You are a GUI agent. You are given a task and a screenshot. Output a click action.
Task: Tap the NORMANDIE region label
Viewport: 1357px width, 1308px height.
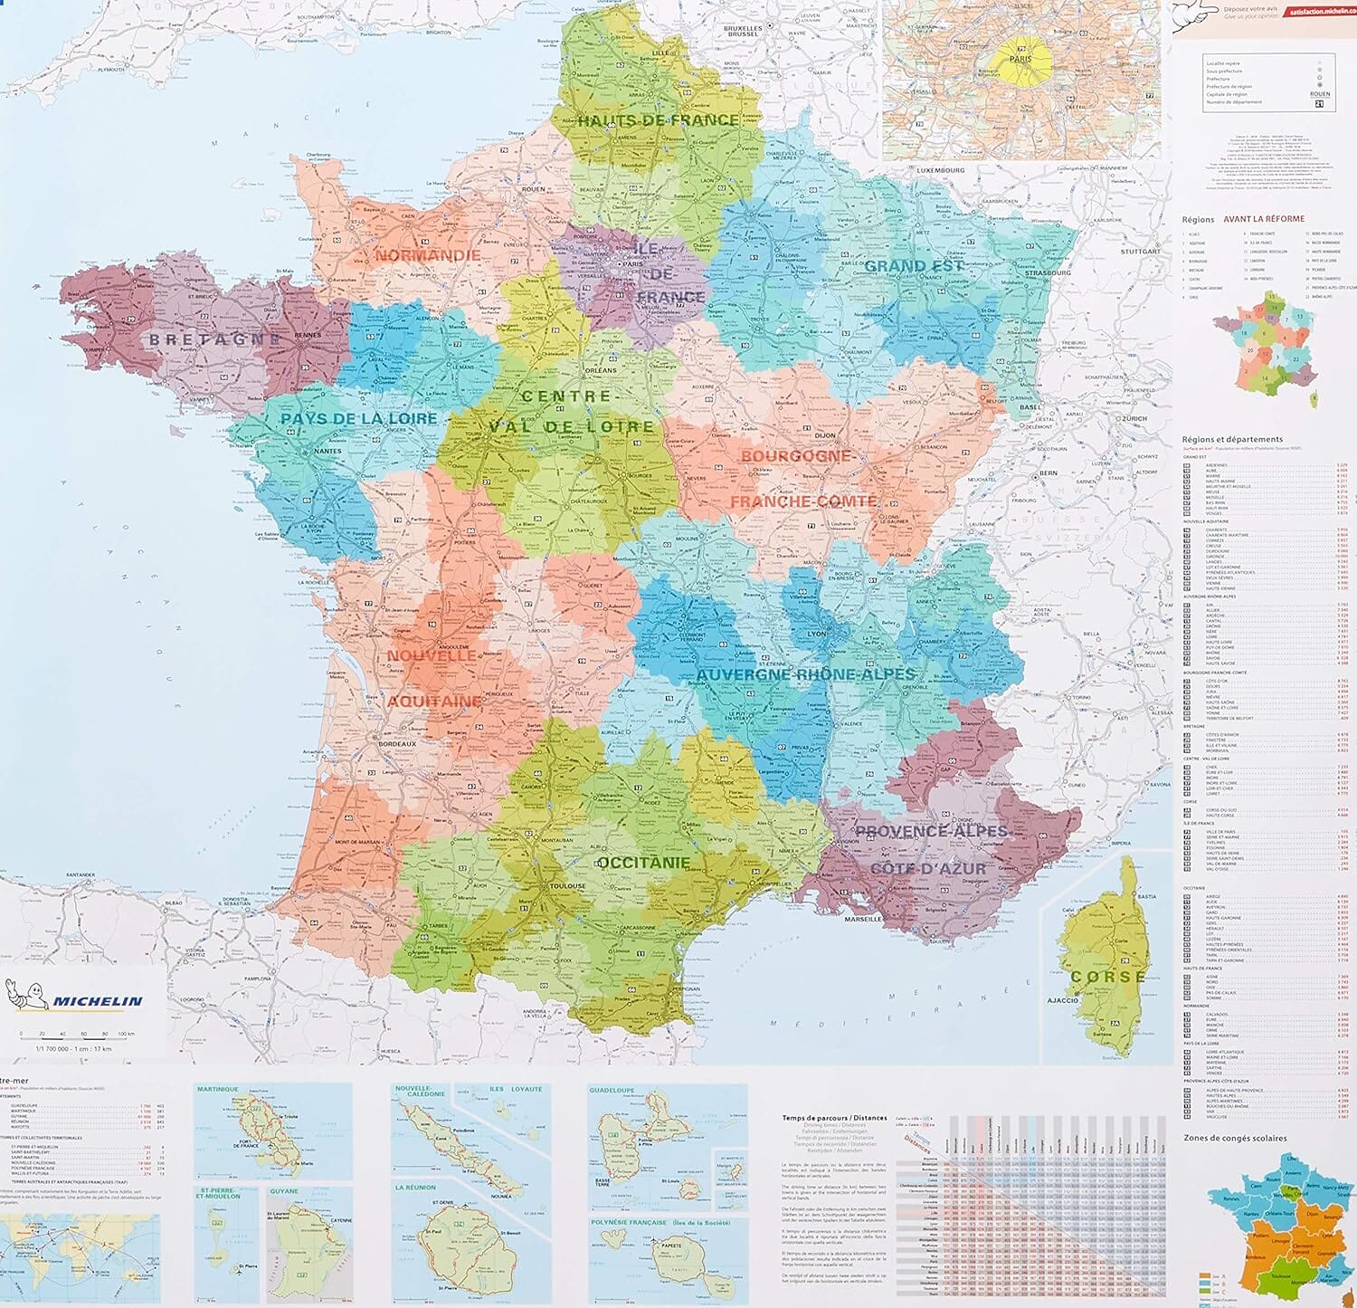428,256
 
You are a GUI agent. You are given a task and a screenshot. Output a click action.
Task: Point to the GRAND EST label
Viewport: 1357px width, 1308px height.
914,266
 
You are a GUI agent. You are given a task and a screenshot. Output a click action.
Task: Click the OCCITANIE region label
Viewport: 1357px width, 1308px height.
644,863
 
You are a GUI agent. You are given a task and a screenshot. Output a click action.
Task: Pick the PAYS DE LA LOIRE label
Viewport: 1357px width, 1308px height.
358,419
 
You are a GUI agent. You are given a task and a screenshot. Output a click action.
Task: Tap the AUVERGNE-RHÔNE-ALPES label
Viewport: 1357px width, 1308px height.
805,674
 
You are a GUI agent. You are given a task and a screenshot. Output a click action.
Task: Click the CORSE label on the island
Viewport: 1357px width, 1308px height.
1107,978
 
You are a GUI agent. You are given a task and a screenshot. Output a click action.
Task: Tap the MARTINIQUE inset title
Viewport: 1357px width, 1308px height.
218,1090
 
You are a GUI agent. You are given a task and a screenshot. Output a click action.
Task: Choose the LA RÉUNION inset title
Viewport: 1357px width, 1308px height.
415,1188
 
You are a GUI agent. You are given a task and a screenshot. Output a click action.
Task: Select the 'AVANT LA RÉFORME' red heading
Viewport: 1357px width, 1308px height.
1264,219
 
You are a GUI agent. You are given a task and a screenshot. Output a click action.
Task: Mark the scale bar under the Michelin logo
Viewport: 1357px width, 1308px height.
76,1034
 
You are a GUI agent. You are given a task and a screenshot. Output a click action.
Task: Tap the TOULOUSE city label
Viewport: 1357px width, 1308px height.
567,885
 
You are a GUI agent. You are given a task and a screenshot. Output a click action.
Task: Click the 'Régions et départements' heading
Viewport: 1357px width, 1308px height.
1231,440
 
